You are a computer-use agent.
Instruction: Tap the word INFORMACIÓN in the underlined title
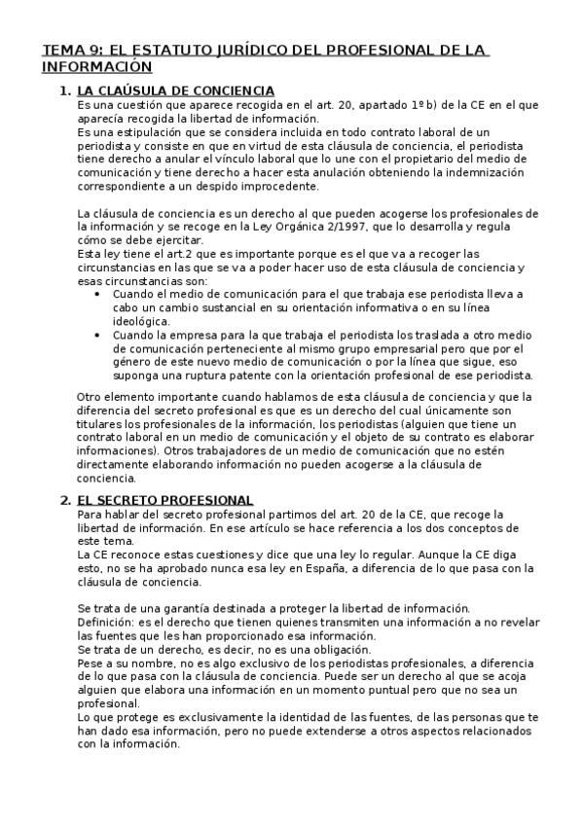[97, 67]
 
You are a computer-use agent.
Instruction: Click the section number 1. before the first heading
[65, 90]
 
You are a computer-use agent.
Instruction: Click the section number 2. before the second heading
[65, 500]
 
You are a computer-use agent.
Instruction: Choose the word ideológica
[142, 321]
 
